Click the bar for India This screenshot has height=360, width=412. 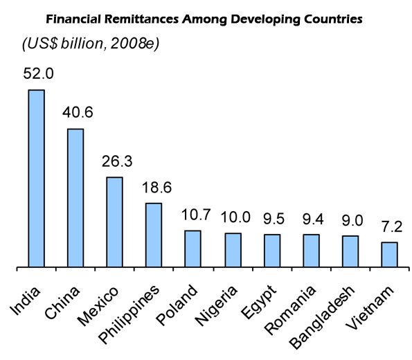[x=36, y=178]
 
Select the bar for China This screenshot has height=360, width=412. [x=75, y=197]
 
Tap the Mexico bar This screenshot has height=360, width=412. [x=114, y=222]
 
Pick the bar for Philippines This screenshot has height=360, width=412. [x=153, y=235]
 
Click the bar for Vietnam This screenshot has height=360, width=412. [x=390, y=254]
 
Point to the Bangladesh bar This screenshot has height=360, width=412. [x=350, y=251]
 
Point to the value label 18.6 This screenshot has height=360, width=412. [x=153, y=188]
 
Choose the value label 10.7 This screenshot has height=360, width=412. [x=192, y=215]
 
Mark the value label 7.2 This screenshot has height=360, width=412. [x=390, y=227]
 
